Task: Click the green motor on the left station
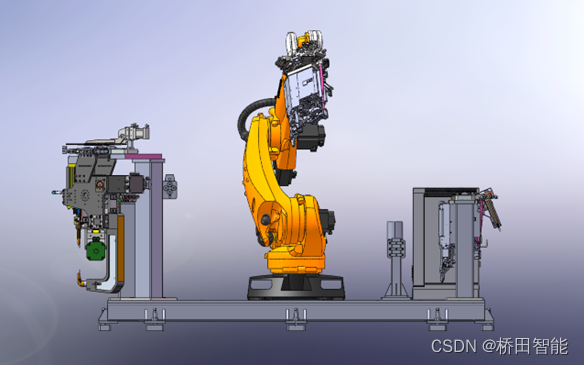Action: pos(96,251)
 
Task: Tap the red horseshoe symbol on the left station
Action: pos(100,185)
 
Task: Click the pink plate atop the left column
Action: pos(144,156)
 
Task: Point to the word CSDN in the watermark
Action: pos(454,346)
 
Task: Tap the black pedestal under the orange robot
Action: pos(296,286)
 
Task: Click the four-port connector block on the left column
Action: pos(170,187)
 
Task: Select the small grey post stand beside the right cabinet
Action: pos(395,260)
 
